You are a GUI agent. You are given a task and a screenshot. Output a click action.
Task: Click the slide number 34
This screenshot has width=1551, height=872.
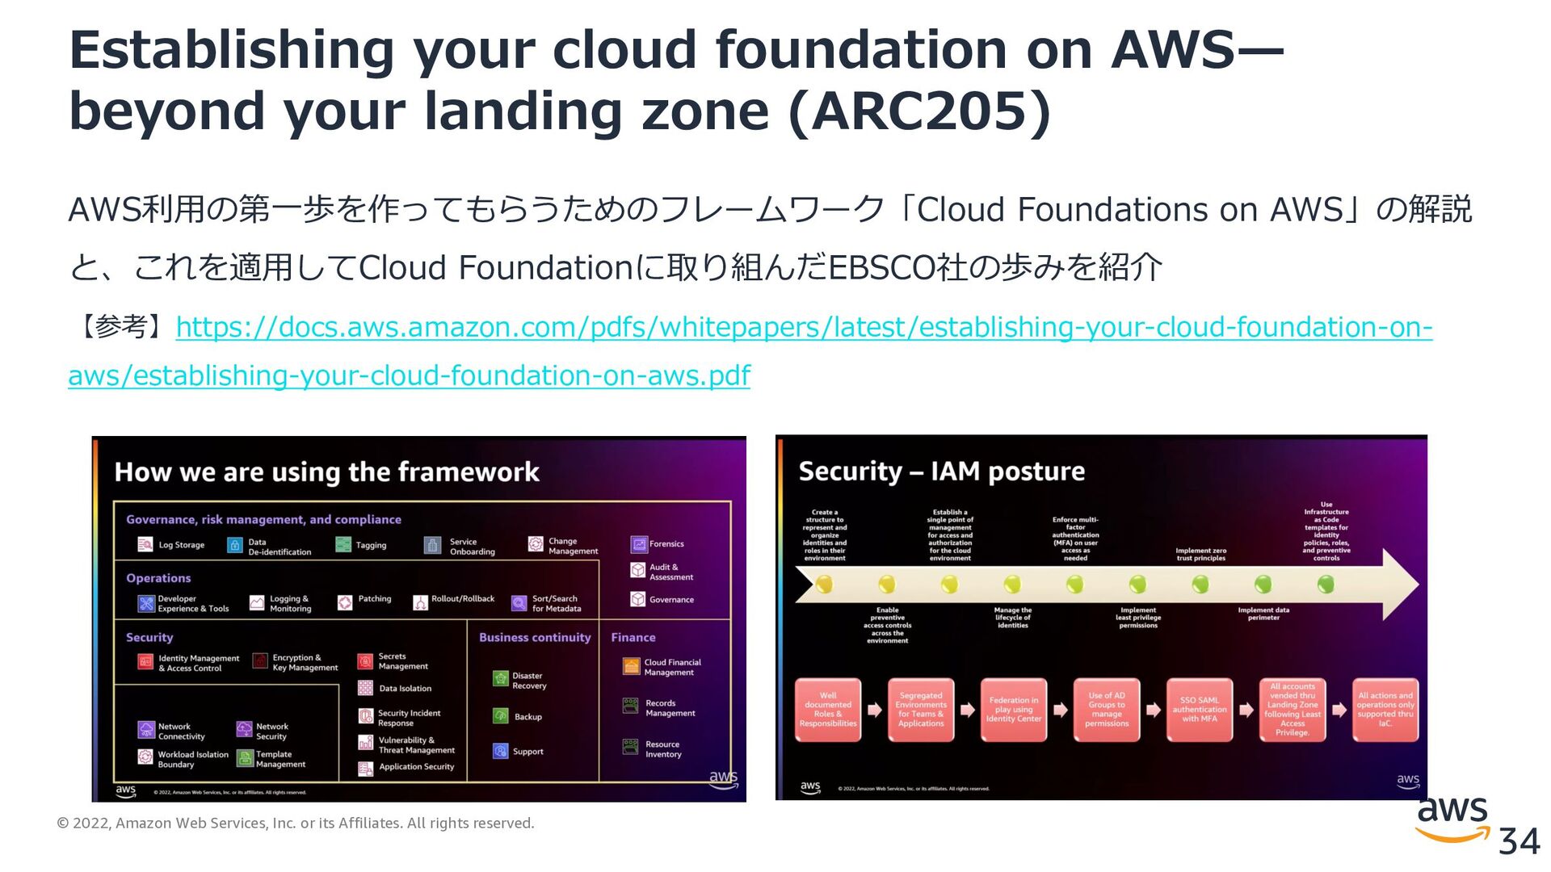click(x=1519, y=842)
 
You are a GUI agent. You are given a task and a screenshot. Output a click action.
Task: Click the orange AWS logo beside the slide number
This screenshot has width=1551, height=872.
click(x=1452, y=820)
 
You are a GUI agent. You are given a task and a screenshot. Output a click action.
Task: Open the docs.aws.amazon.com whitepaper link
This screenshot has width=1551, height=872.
click(x=803, y=327)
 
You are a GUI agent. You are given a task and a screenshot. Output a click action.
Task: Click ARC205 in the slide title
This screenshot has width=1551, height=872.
click(x=919, y=111)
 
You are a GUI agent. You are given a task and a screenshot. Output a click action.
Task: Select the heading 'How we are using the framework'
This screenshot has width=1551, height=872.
click(x=326, y=472)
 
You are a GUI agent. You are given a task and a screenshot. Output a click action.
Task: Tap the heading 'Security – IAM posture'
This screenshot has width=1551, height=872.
click(x=941, y=471)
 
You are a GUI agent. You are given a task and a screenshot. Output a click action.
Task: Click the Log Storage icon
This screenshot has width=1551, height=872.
click(x=145, y=545)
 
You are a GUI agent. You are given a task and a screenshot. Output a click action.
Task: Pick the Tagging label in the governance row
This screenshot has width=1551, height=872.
click(x=371, y=546)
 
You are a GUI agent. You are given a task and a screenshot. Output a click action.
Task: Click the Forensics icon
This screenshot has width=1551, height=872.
click(x=638, y=544)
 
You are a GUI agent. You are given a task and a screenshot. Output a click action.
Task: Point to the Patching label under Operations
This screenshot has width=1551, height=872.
click(x=374, y=599)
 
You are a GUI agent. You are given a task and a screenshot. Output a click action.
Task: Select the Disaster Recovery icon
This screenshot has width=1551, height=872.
click(x=501, y=679)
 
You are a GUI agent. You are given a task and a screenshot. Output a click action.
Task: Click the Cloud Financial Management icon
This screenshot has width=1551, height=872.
click(x=631, y=666)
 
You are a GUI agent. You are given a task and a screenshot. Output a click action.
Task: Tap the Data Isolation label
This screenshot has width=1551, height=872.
click(x=405, y=689)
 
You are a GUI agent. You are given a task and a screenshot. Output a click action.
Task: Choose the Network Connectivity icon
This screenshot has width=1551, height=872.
click(x=146, y=730)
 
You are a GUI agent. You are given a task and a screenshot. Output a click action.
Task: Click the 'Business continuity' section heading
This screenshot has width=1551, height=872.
click(x=535, y=638)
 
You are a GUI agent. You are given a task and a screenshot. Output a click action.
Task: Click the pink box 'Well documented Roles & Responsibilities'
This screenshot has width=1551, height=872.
click(x=828, y=710)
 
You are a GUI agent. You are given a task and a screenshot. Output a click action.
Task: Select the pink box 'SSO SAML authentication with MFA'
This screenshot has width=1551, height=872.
click(x=1200, y=710)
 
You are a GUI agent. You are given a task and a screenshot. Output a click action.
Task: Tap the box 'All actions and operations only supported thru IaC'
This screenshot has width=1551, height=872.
click(x=1385, y=710)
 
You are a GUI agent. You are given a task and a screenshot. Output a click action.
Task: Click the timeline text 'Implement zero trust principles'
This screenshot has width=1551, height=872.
click(x=1200, y=554)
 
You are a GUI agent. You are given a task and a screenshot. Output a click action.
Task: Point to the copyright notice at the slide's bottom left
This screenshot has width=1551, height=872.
click(x=296, y=824)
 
